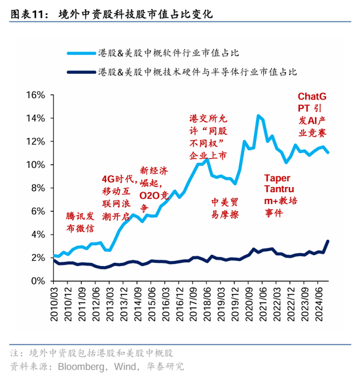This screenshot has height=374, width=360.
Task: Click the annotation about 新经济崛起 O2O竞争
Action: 153,182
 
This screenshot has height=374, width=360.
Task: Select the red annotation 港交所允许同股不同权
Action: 207,138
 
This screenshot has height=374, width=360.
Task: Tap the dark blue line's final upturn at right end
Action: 327,241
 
